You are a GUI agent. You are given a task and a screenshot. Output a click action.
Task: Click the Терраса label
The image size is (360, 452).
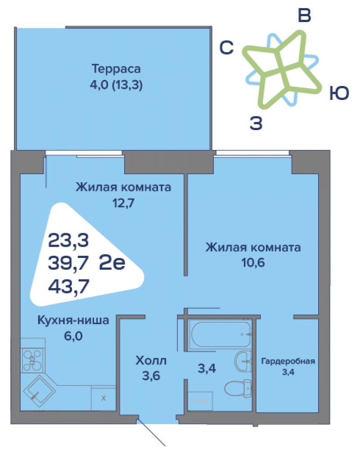116,69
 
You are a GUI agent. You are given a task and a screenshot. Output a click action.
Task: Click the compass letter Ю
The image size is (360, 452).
339,93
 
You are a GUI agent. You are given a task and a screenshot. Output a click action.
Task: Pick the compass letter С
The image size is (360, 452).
226,47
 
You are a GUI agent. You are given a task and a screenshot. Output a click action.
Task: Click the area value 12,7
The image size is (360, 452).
123,203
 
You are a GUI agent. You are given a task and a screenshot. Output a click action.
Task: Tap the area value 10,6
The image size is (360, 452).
253,262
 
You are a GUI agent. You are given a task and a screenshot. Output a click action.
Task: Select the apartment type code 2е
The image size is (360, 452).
112,262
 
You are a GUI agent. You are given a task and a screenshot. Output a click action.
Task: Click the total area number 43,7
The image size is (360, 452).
68,286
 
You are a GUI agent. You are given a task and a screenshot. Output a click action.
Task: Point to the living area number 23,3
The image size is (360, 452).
68,240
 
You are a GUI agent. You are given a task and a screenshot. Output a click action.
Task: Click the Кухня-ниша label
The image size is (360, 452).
73,320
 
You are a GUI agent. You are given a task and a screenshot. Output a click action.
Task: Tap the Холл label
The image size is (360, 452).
151,360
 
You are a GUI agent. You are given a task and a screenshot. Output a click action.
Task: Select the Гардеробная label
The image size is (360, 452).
288,361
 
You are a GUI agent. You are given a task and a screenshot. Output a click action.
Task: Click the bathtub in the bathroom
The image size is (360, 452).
220,334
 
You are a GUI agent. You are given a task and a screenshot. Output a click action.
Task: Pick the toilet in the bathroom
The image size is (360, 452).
238,388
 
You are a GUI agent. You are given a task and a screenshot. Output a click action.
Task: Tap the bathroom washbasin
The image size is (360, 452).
243,361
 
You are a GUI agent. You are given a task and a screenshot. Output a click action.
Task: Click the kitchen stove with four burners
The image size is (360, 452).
32,360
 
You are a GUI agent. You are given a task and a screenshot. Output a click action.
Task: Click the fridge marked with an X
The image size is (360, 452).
103,398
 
